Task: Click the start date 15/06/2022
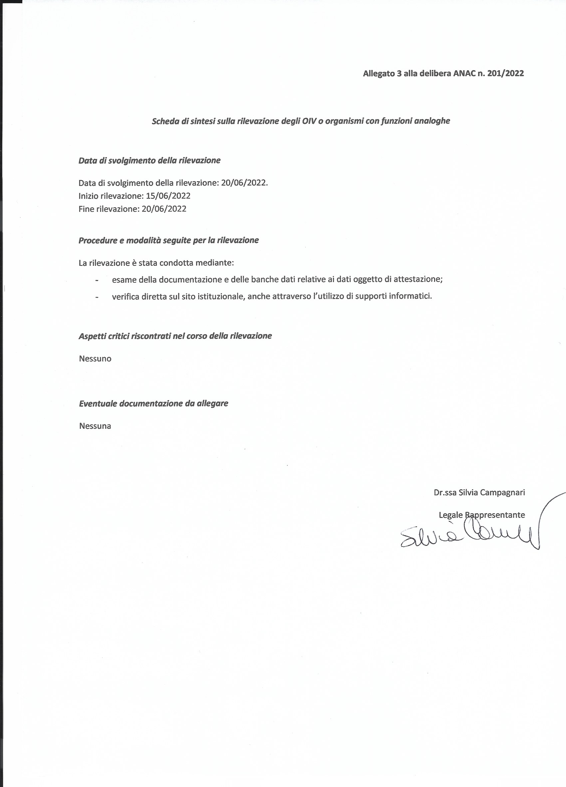coord(168,196)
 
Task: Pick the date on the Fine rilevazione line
coord(164,209)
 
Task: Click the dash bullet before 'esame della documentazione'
coord(97,280)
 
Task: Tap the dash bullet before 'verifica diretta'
coord(97,297)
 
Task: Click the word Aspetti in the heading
coord(91,336)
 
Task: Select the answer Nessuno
coord(95,359)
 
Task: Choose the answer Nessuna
coord(95,426)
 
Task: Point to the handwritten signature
coord(469,538)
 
